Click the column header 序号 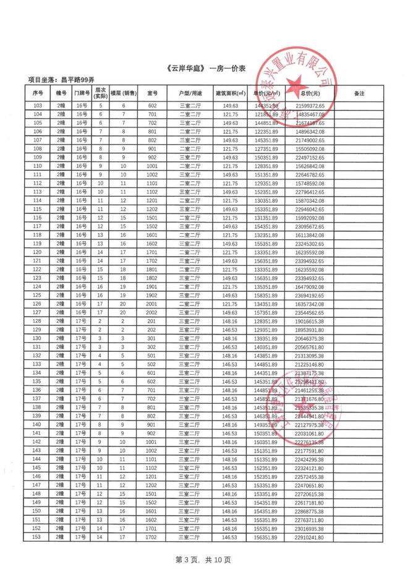click(38, 93)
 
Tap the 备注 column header click(359, 93)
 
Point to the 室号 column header click(152, 93)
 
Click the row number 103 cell click(38, 106)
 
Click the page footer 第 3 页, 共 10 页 click(203, 560)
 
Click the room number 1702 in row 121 click(152, 261)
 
